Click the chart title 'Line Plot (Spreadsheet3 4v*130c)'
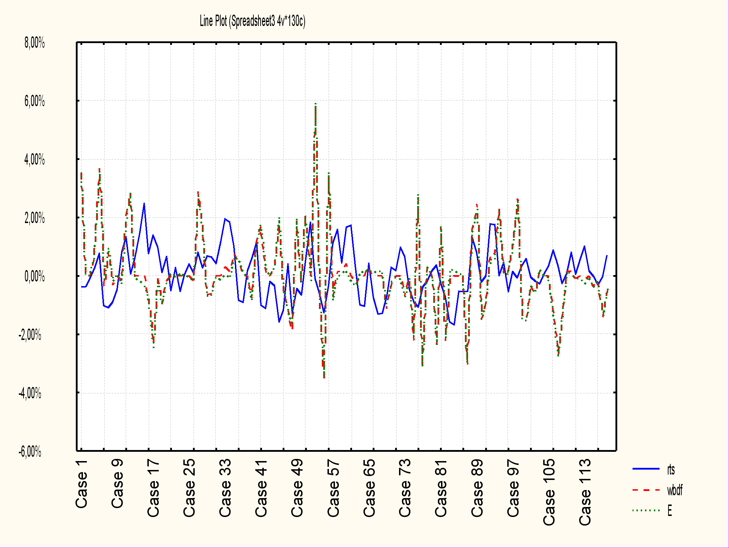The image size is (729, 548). pos(252,21)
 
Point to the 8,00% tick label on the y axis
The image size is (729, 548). pos(35,43)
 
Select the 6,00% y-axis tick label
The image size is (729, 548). pos(35,102)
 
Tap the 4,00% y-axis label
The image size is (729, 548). pos(35,160)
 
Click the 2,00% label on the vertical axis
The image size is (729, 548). pos(35,218)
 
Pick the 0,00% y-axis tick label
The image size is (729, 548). pos(35,276)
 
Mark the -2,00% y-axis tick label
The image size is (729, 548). pos(30,335)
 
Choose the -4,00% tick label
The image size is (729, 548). pos(30,393)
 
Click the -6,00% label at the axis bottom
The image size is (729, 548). pos(30,452)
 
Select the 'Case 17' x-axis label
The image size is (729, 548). pos(153,488)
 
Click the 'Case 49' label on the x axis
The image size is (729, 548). pos(297,488)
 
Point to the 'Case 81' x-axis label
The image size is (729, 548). pos(441,488)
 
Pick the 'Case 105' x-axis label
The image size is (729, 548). pos(549,492)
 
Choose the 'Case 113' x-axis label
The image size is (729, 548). pos(585,492)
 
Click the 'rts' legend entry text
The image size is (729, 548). pos(671,470)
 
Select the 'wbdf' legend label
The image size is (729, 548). pos(675,491)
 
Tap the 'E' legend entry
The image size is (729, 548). pos(670,511)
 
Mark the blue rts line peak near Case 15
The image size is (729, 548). pos(144,203)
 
